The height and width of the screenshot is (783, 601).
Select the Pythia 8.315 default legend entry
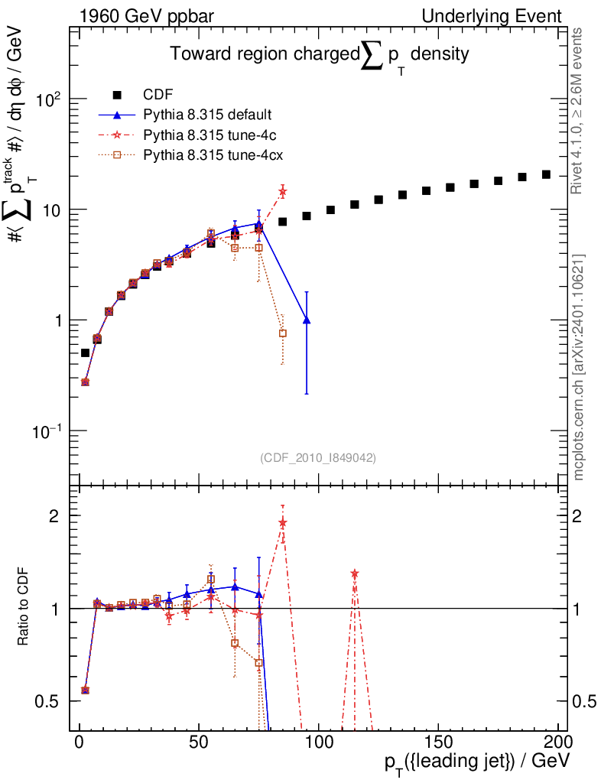point(207,115)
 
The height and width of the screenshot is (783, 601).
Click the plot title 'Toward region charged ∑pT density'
point(319,55)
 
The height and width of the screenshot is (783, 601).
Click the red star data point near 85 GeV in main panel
point(283,191)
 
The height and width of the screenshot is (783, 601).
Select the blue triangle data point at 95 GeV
point(307,320)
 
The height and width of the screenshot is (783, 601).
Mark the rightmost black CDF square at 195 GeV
point(546,174)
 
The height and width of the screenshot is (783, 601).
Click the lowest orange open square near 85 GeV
point(283,333)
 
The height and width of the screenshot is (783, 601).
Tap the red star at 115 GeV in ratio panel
point(355,573)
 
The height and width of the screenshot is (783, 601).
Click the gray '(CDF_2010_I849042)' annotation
point(318,457)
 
